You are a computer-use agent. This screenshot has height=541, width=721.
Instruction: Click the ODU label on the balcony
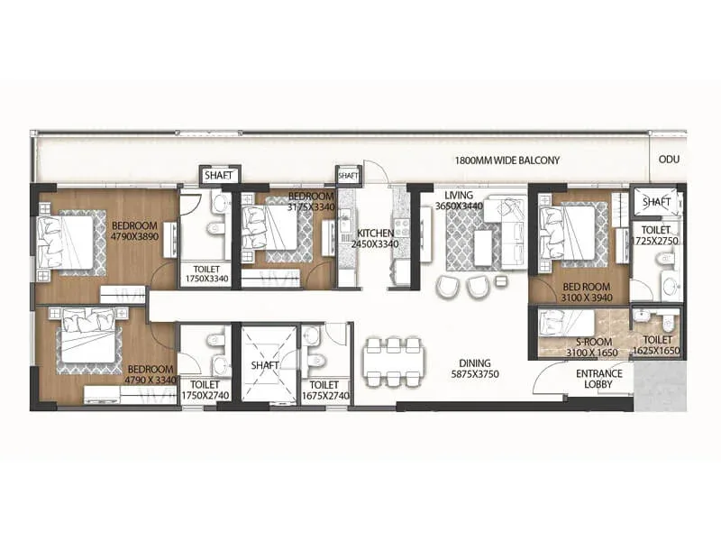[x=669, y=160]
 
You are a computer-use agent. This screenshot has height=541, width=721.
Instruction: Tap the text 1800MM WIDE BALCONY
[x=507, y=160]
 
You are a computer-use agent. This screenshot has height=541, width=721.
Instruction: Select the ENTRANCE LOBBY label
[x=598, y=379]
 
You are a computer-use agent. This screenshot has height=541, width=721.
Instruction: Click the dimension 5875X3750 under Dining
[x=475, y=374]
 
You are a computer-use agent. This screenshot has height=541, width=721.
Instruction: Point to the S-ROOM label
[x=594, y=343]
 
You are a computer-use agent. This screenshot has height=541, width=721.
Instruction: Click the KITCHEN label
[x=375, y=234]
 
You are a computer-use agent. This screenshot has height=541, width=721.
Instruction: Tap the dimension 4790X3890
[x=134, y=237]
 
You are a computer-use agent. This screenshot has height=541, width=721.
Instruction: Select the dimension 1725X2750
[x=655, y=241]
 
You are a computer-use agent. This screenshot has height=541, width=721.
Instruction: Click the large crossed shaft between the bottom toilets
[x=265, y=364]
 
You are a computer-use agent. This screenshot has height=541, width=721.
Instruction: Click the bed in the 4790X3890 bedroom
[x=66, y=243]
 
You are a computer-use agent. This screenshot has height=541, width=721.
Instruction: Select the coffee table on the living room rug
[x=484, y=249]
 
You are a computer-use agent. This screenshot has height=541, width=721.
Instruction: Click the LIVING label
[x=459, y=195]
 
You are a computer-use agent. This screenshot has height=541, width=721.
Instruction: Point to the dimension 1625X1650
[x=656, y=351]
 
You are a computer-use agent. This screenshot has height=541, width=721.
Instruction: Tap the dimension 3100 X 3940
[x=587, y=298]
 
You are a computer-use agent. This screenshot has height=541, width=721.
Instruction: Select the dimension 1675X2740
[x=325, y=396]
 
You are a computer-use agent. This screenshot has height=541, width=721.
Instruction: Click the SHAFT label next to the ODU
[x=656, y=201]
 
